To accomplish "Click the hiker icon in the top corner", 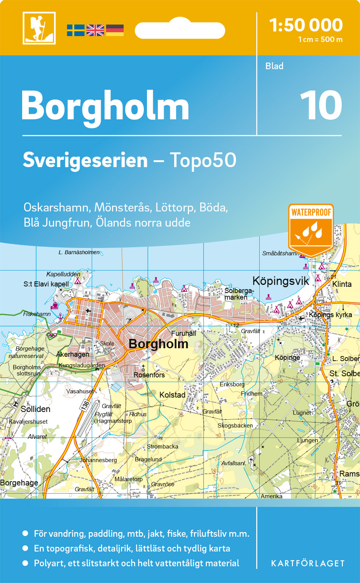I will point(39,28).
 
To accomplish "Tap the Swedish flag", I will point(75,30).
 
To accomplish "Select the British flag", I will point(95,30).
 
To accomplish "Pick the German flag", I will point(115,30).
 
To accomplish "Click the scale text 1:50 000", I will point(306,25).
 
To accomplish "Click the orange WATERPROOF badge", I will point(311,229).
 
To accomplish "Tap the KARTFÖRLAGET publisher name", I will point(308,564).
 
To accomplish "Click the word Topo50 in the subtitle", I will point(203,160).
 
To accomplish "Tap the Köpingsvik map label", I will point(280,281).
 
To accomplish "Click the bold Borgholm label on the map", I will point(158,344).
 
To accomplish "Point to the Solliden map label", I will point(35,409).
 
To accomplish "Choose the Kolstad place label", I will point(172,395).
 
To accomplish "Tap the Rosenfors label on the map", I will point(149,375).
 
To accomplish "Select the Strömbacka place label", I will point(163,447).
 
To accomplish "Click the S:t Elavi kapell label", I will point(46,284).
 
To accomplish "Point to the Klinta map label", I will point(342,284).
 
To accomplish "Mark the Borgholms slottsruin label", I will point(27,370).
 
